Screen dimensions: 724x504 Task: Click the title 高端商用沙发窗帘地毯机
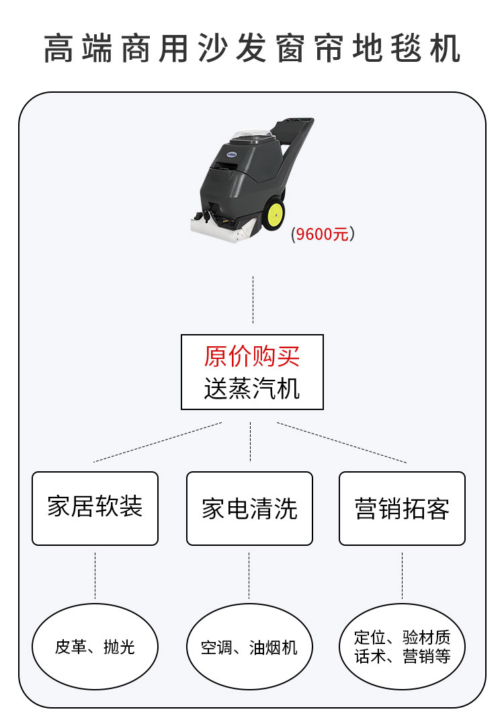252,48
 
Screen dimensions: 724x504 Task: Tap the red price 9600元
323,235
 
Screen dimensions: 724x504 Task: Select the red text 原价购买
252,356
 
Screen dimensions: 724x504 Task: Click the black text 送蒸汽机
252,389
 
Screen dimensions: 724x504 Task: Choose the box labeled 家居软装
95,508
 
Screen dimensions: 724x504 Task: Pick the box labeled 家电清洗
249,508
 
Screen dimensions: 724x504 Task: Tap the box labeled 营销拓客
402,508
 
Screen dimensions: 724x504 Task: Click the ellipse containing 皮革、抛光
95,647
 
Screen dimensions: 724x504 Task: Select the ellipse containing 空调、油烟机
249,647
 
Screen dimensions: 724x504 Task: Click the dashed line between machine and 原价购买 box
253,299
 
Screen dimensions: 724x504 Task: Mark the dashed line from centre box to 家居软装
158,442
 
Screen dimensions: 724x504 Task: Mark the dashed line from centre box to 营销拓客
341,442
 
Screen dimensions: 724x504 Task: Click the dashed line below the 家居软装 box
95,575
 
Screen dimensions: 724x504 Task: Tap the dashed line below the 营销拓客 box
402,575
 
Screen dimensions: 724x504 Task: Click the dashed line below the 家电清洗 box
249,575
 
